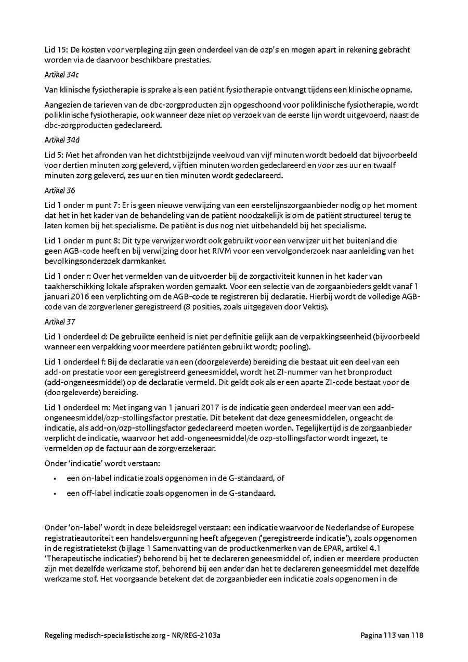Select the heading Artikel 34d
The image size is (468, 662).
58,140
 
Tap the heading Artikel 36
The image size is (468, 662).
56,191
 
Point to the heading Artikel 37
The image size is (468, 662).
56,322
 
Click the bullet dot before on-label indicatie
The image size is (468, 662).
55,478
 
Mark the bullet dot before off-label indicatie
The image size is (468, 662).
55,493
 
